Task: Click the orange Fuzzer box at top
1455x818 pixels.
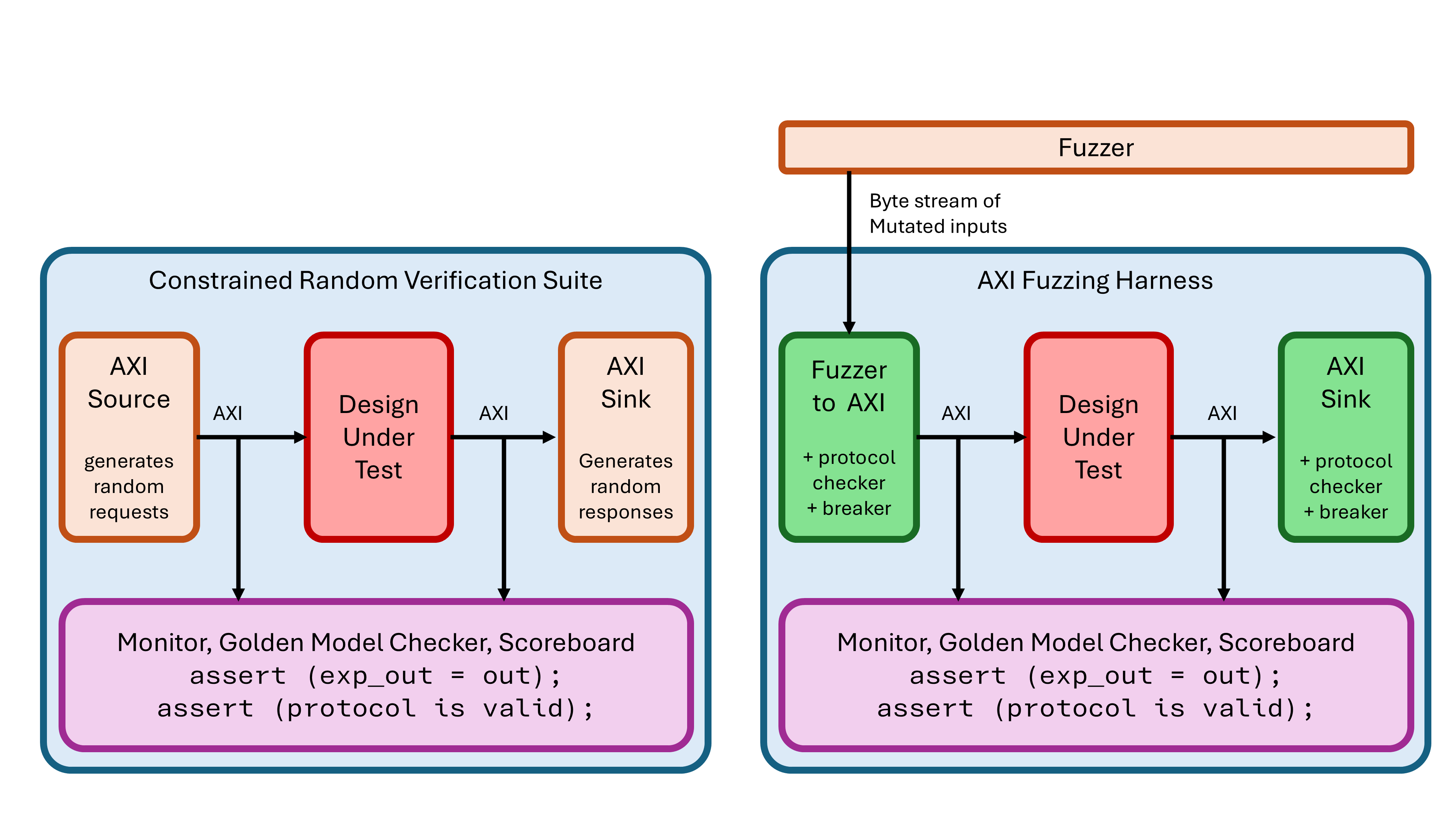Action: [x=1095, y=147]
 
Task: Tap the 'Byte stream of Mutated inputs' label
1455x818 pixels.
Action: [x=938, y=213]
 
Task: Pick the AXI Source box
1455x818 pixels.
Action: [x=129, y=437]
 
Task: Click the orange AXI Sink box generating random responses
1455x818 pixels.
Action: [x=625, y=437]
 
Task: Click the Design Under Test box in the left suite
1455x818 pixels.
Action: [x=378, y=437]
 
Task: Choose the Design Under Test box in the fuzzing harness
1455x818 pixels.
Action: [x=1098, y=437]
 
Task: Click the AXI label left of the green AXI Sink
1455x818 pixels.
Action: [x=1222, y=413]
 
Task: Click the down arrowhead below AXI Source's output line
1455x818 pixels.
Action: [x=238, y=594]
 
